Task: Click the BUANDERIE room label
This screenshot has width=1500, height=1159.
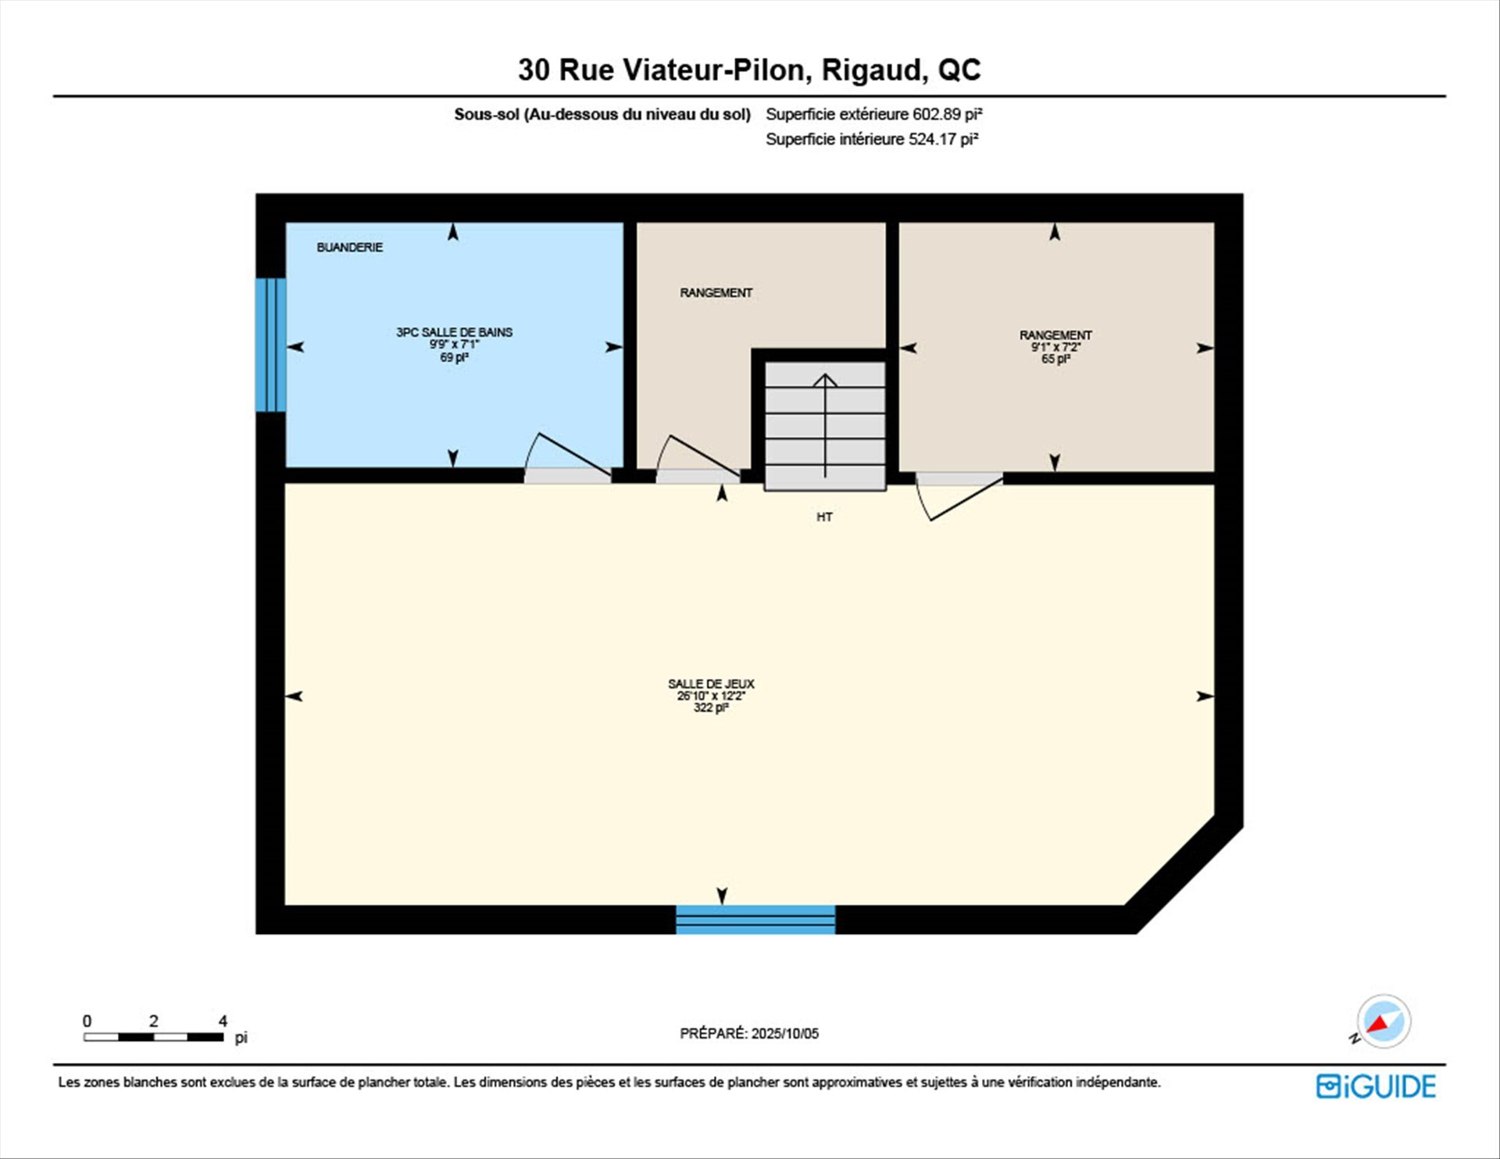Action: click(x=349, y=247)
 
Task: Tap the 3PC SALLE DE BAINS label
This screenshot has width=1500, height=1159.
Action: click(x=454, y=332)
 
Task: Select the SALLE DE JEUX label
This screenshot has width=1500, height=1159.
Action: click(x=711, y=684)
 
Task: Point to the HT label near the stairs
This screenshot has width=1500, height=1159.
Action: click(x=824, y=517)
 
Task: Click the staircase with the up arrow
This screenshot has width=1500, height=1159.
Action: click(x=825, y=426)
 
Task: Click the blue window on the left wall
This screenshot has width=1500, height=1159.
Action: click(x=270, y=345)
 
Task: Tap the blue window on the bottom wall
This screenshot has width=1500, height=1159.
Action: click(x=755, y=920)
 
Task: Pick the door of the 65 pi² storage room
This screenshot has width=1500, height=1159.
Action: click(x=959, y=495)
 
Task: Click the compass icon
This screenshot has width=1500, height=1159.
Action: click(x=1384, y=1021)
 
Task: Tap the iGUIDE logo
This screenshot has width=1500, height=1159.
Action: click(x=1376, y=1086)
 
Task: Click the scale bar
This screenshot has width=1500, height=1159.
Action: click(x=154, y=1037)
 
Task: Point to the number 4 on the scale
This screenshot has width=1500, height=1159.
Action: click(x=223, y=1021)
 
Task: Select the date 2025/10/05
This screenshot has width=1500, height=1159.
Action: click(x=785, y=1033)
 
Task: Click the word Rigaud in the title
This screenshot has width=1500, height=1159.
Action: click(x=875, y=70)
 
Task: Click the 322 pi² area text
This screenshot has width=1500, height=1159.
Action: click(x=711, y=707)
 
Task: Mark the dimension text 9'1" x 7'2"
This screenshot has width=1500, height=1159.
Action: click(x=1055, y=347)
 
